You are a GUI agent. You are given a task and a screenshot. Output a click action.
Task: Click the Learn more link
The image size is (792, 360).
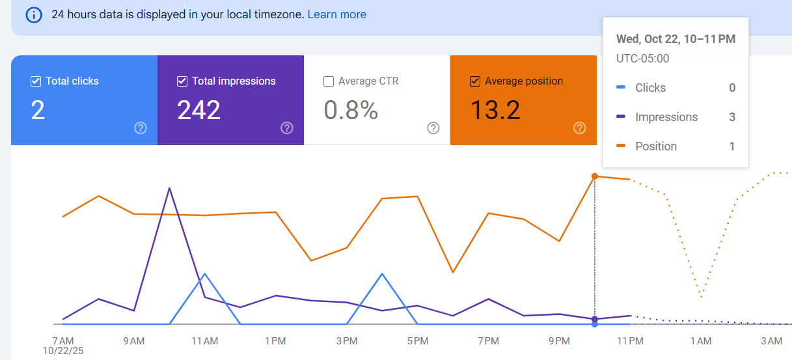(336, 14)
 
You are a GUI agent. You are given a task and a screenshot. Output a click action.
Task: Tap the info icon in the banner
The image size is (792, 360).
(34, 14)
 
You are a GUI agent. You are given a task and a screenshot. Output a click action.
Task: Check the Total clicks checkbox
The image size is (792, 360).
(36, 81)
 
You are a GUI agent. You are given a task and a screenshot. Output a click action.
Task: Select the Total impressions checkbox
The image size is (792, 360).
(182, 81)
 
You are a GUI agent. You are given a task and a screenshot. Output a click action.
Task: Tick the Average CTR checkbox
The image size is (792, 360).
(329, 81)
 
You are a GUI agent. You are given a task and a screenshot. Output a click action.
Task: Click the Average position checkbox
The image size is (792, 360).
(475, 81)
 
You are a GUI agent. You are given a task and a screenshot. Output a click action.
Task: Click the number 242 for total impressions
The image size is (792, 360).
(199, 111)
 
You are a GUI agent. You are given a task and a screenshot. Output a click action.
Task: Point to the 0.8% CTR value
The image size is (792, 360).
(351, 111)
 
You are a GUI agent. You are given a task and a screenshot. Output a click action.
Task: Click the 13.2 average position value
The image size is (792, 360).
(495, 111)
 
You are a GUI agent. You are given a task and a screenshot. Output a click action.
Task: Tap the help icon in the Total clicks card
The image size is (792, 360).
(141, 128)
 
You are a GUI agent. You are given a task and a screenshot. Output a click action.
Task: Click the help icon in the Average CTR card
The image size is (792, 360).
(433, 128)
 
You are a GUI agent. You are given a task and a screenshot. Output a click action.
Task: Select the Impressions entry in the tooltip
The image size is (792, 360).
(666, 117)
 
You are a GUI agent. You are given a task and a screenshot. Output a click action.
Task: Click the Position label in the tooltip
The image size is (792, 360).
(655, 146)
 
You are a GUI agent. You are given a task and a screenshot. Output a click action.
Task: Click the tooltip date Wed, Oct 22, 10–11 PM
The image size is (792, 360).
(676, 39)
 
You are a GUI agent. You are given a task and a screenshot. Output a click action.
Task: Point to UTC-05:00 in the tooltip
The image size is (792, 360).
(642, 59)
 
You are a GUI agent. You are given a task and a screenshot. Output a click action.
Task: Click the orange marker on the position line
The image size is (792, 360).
(594, 176)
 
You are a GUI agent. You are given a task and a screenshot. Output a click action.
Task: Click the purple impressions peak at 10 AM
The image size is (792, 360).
(169, 188)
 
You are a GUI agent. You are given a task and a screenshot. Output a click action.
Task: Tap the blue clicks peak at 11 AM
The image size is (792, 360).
(205, 273)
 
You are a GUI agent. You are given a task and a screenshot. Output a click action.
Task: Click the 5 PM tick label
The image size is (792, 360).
(417, 341)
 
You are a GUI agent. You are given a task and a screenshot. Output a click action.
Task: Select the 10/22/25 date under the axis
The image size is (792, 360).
(64, 351)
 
